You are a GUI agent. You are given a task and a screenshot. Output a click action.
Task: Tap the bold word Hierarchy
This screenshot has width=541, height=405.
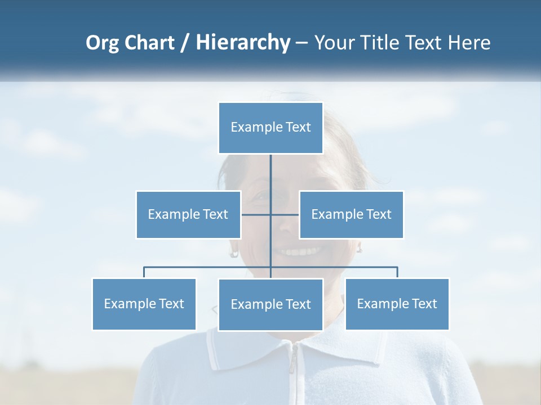pos(242,43)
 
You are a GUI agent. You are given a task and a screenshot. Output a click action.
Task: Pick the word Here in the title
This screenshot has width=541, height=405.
pos(469,43)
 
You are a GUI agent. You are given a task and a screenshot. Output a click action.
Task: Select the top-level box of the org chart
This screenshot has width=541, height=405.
pos(270,128)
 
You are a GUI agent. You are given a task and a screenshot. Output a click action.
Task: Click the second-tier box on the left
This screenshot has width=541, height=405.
pos(188,214)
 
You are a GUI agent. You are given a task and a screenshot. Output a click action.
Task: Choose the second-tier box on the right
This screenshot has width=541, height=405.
pos(351,214)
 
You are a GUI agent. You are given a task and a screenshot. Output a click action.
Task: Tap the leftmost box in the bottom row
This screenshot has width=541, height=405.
pos(144,304)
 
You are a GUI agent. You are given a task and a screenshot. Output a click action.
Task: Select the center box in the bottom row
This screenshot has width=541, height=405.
pos(270,304)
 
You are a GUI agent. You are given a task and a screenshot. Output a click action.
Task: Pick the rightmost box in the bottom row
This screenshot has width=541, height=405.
pos(397,304)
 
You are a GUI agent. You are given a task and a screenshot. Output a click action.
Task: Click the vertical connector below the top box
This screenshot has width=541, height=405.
pos(270,174)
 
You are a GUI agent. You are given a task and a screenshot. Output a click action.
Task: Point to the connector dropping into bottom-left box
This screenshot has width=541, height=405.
pos(144,272)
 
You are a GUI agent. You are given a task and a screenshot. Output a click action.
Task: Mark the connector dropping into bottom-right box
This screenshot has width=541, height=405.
pos(397,272)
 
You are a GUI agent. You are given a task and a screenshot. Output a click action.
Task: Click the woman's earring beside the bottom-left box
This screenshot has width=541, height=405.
pos(234,253)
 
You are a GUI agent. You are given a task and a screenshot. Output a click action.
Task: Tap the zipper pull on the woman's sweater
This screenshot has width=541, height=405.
pos(292,366)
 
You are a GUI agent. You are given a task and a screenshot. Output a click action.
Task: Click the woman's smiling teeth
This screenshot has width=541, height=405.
pos(299,251)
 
